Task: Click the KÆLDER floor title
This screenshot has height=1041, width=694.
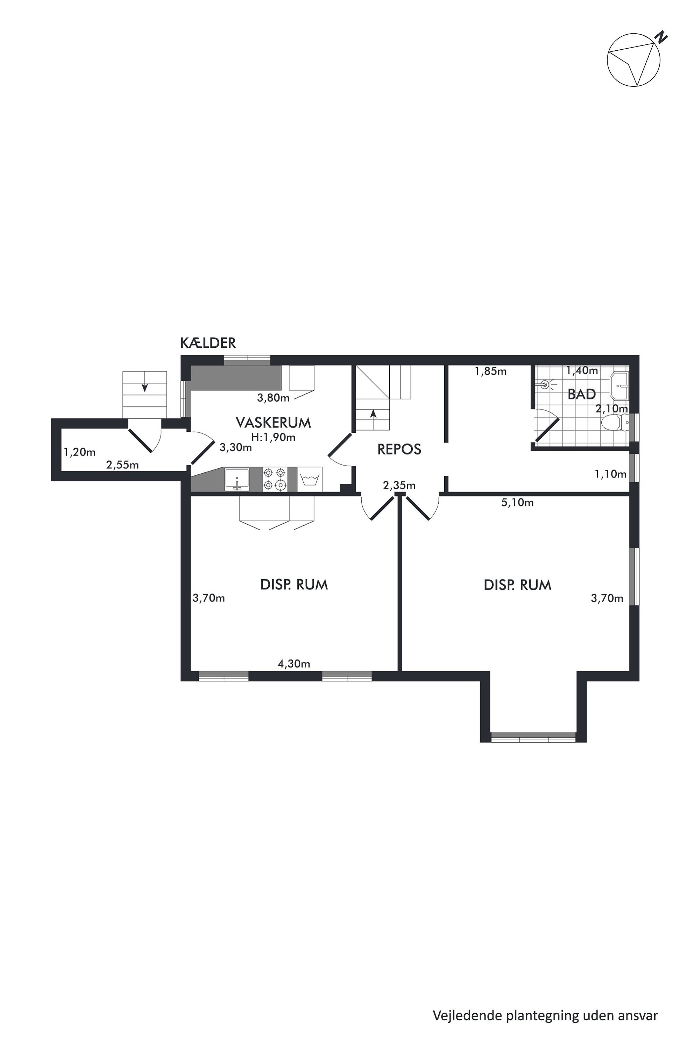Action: [208, 343]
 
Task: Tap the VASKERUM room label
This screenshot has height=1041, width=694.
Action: [274, 423]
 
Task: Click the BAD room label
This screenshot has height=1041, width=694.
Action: [582, 394]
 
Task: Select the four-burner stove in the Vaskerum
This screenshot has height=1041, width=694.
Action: [274, 479]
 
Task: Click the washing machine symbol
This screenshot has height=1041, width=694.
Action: [309, 479]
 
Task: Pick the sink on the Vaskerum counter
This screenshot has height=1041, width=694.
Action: [237, 479]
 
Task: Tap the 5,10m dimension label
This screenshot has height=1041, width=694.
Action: [517, 502]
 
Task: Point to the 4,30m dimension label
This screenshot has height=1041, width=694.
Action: [294, 664]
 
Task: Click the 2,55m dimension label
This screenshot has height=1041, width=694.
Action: [122, 465]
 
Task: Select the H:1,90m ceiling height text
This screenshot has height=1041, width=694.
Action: [273, 437]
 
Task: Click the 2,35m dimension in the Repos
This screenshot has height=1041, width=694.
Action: [399, 485]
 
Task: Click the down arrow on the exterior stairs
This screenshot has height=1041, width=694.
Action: [144, 387]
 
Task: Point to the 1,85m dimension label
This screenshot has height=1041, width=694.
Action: [490, 371]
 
